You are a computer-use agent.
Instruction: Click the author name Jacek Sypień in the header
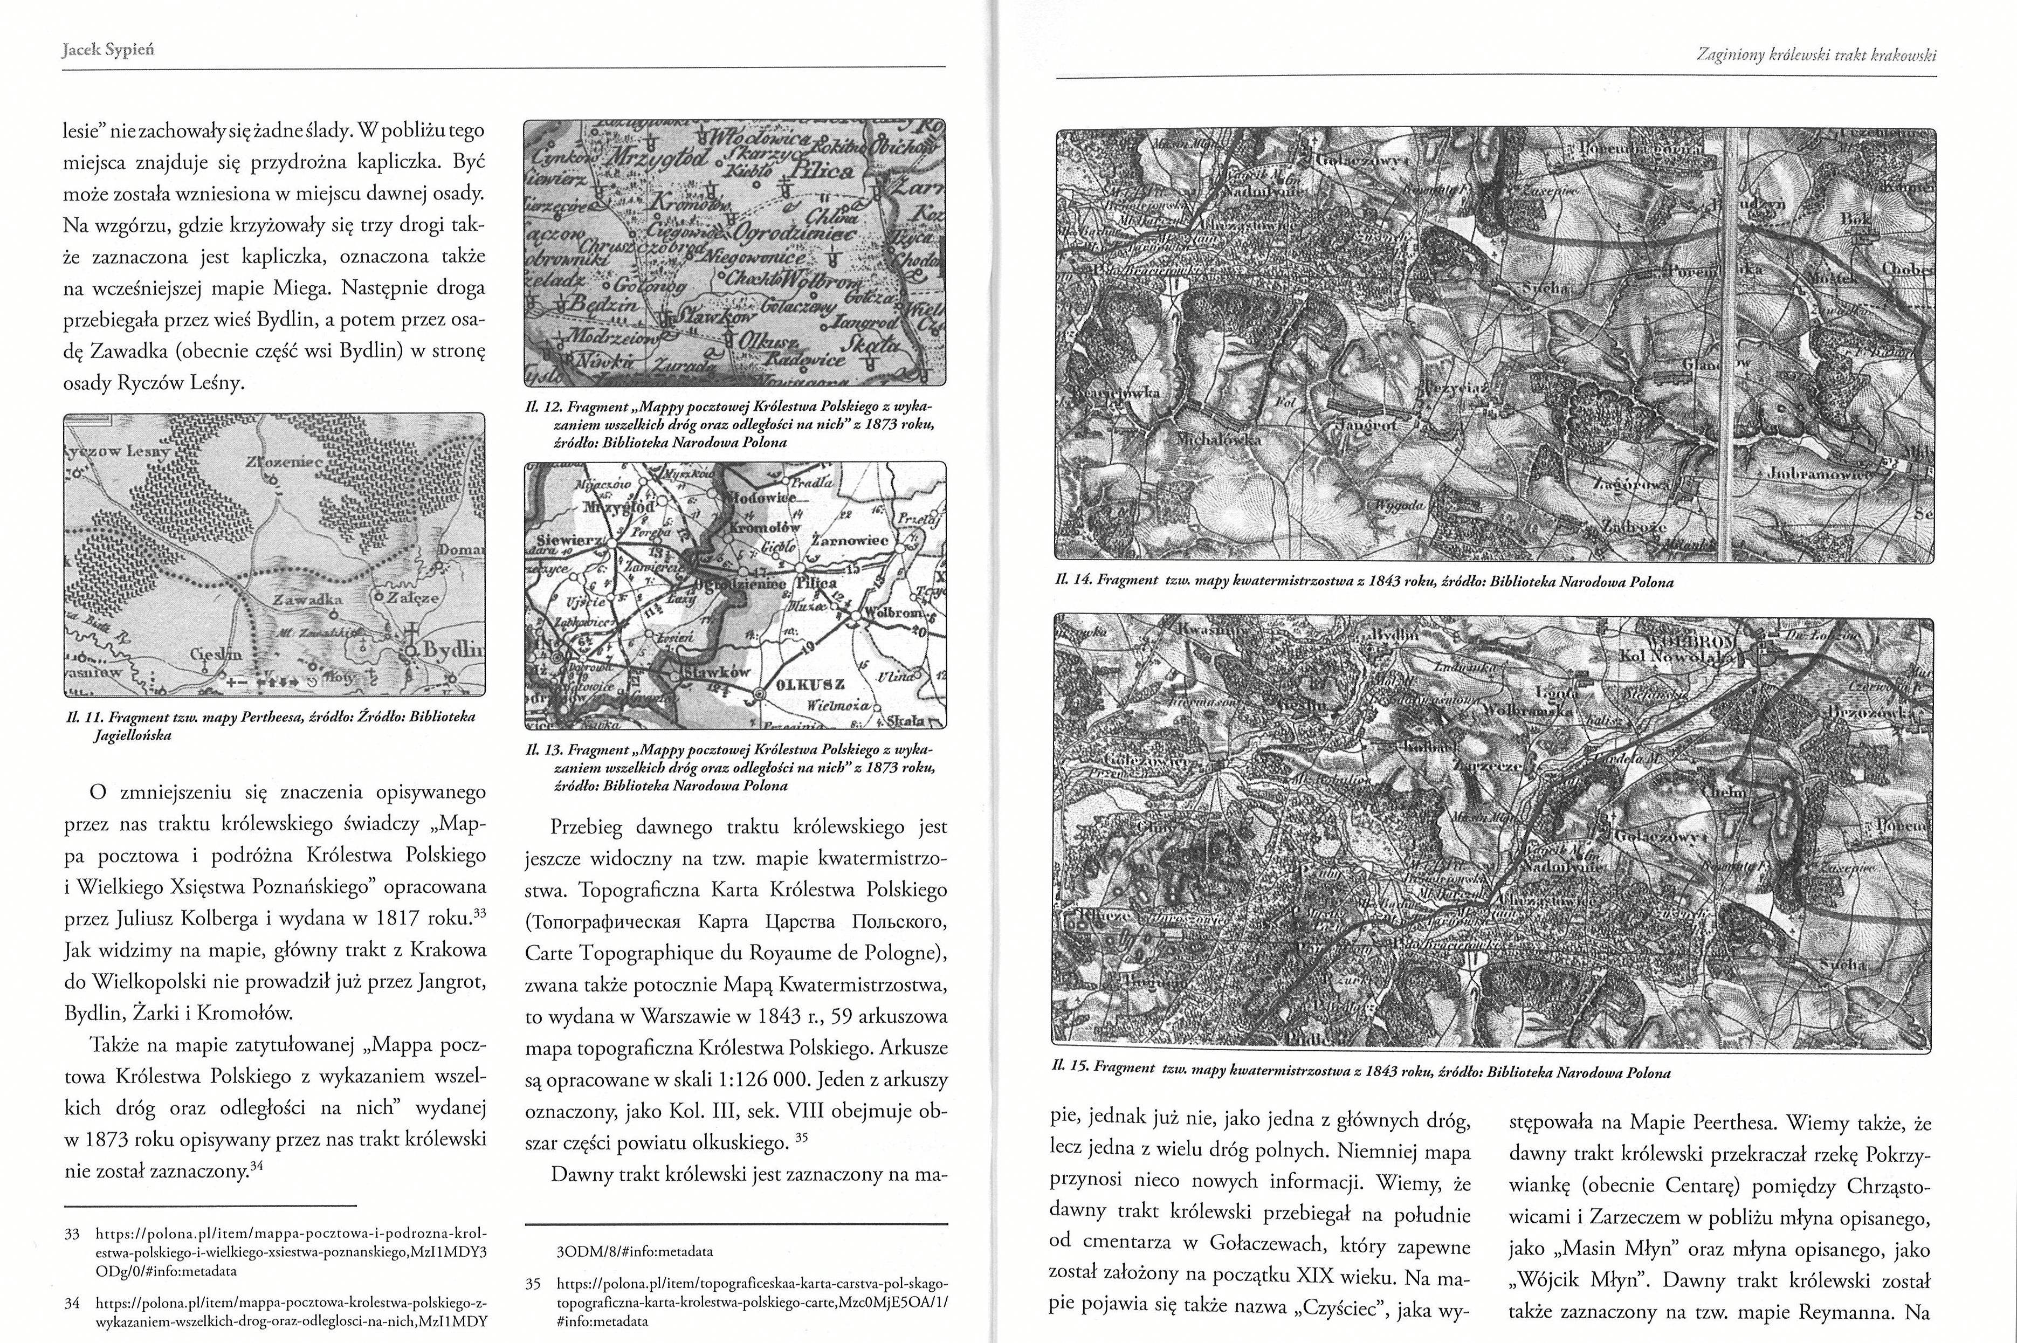(108, 50)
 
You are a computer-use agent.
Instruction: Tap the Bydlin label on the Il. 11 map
(451, 649)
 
